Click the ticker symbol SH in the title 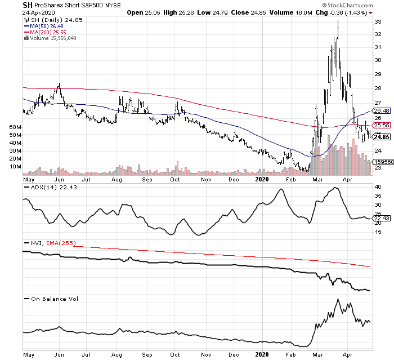point(27,5)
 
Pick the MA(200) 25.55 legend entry point(49,32)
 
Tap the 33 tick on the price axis point(379,21)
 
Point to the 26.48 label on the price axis point(382,111)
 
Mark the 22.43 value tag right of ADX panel point(382,219)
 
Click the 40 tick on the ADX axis point(378,186)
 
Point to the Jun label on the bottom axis point(56,355)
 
